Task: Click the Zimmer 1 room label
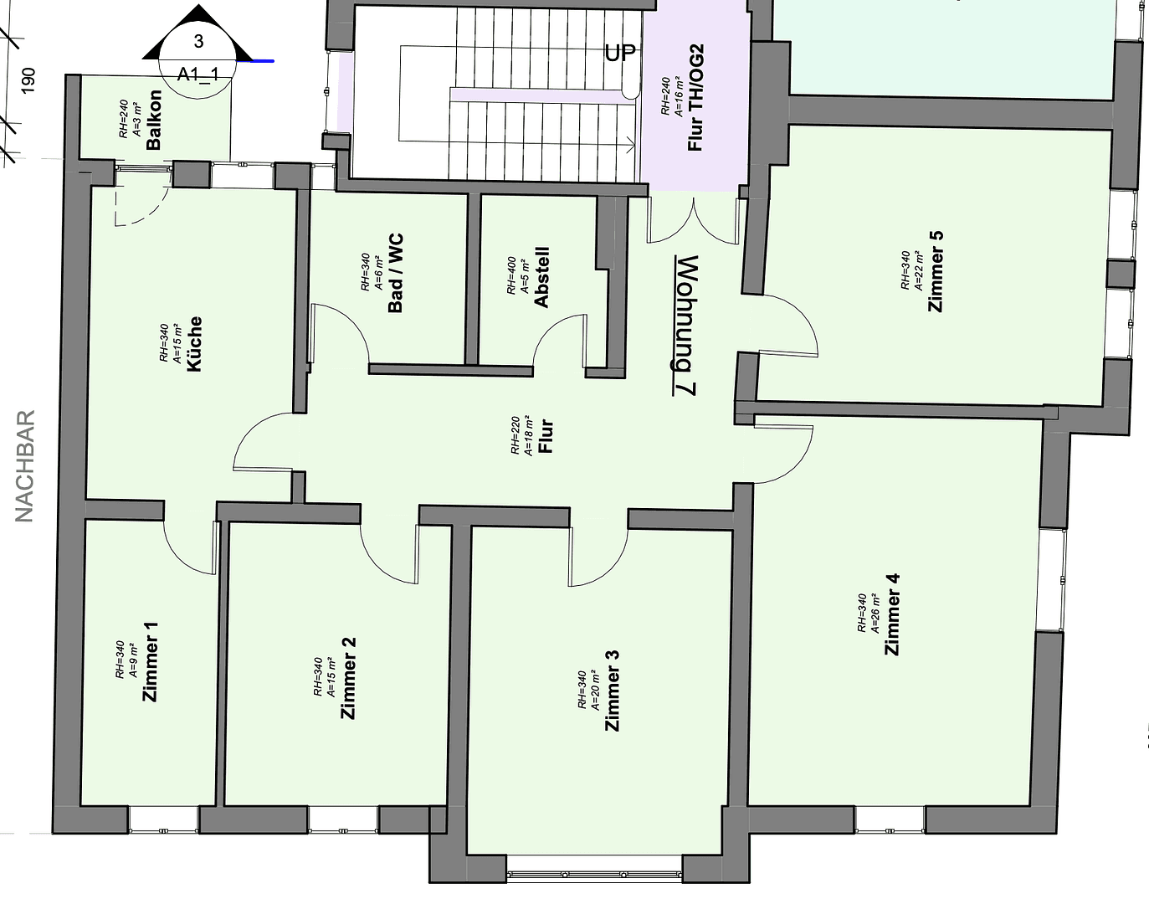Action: click(x=151, y=661)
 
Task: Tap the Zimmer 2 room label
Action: click(x=349, y=678)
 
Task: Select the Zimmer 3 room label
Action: click(x=613, y=691)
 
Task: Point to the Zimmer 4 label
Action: click(x=892, y=614)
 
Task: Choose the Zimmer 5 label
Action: click(x=936, y=270)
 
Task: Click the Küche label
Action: click(x=195, y=343)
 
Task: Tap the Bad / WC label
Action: click(x=396, y=273)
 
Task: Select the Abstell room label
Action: click(x=541, y=277)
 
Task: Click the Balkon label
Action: click(x=153, y=120)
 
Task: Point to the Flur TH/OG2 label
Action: click(x=695, y=98)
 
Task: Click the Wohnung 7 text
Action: click(x=684, y=325)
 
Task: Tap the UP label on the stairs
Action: click(x=620, y=53)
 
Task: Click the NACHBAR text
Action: click(x=25, y=465)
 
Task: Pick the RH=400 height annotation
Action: click(x=511, y=275)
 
